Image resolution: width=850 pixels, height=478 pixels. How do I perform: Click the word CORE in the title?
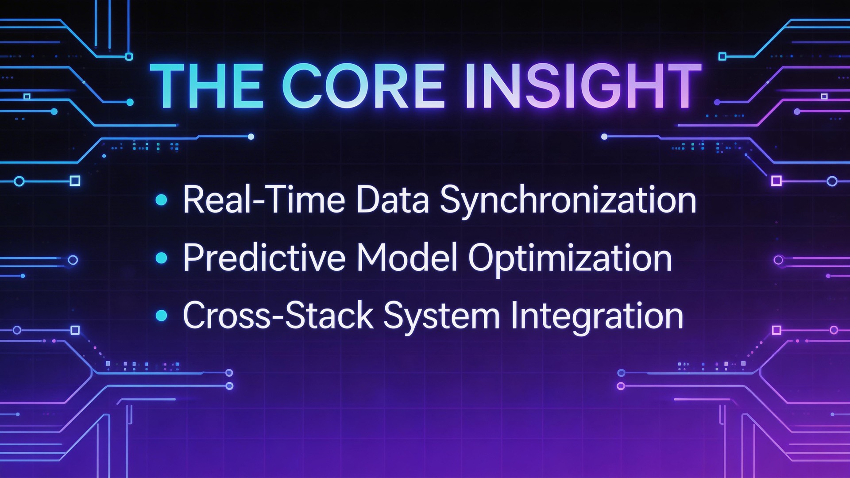tap(363, 86)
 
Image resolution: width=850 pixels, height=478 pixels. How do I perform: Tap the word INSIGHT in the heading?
tap(582, 86)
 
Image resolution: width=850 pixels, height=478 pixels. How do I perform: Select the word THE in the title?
tap(207, 86)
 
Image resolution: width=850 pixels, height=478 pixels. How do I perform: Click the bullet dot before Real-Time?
tap(162, 200)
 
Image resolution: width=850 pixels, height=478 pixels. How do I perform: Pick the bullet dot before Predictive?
tap(162, 258)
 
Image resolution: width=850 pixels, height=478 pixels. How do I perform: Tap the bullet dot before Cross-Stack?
tap(162, 316)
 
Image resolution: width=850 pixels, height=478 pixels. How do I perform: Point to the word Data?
tap(392, 200)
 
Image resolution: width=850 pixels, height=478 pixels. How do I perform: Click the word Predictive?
tap(264, 258)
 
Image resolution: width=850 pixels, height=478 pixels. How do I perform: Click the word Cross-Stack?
tap(278, 316)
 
